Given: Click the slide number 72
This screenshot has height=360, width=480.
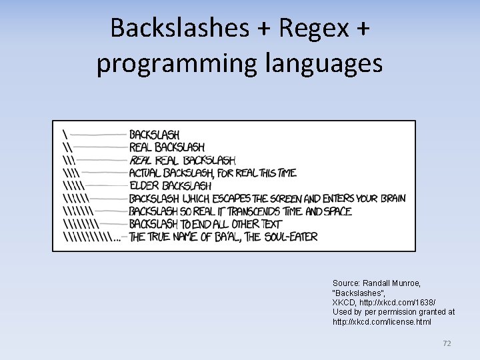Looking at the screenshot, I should point(447,343).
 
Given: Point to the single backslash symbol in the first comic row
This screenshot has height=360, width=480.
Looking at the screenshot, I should point(65,134).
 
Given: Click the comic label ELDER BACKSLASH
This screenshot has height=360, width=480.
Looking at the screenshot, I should point(170,185).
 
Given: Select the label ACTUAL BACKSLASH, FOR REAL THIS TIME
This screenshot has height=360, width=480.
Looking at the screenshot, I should point(213,173).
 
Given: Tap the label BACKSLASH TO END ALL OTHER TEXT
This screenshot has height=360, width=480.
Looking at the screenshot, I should point(205,224).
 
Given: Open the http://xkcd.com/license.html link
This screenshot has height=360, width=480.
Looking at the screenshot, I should point(382,322).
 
